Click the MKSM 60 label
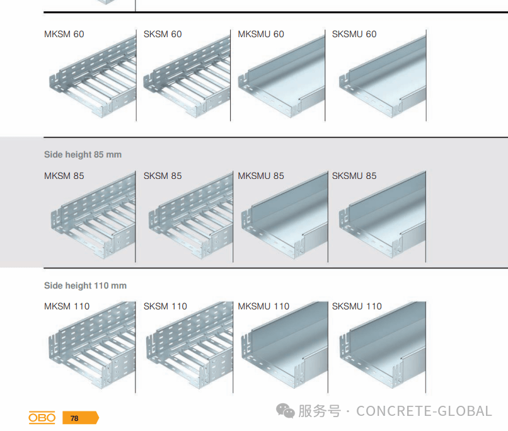pos(64,34)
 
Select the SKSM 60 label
pos(163,34)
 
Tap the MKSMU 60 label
pos(261,34)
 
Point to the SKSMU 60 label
pos(354,34)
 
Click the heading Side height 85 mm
pos(83,154)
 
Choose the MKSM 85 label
pos(64,176)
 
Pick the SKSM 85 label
pos(163,176)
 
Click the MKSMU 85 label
pos(261,176)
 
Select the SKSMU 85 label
pos(354,176)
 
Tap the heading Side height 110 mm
pos(85,285)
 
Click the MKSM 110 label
pos(67,306)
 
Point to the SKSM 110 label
pos(165,306)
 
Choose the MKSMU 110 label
pos(263,306)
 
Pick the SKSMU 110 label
pos(357,306)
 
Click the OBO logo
pos(42,418)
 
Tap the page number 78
pos(75,418)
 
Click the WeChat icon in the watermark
pos(286,411)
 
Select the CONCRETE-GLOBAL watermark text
pos(424,411)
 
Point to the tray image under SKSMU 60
pos(382,79)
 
